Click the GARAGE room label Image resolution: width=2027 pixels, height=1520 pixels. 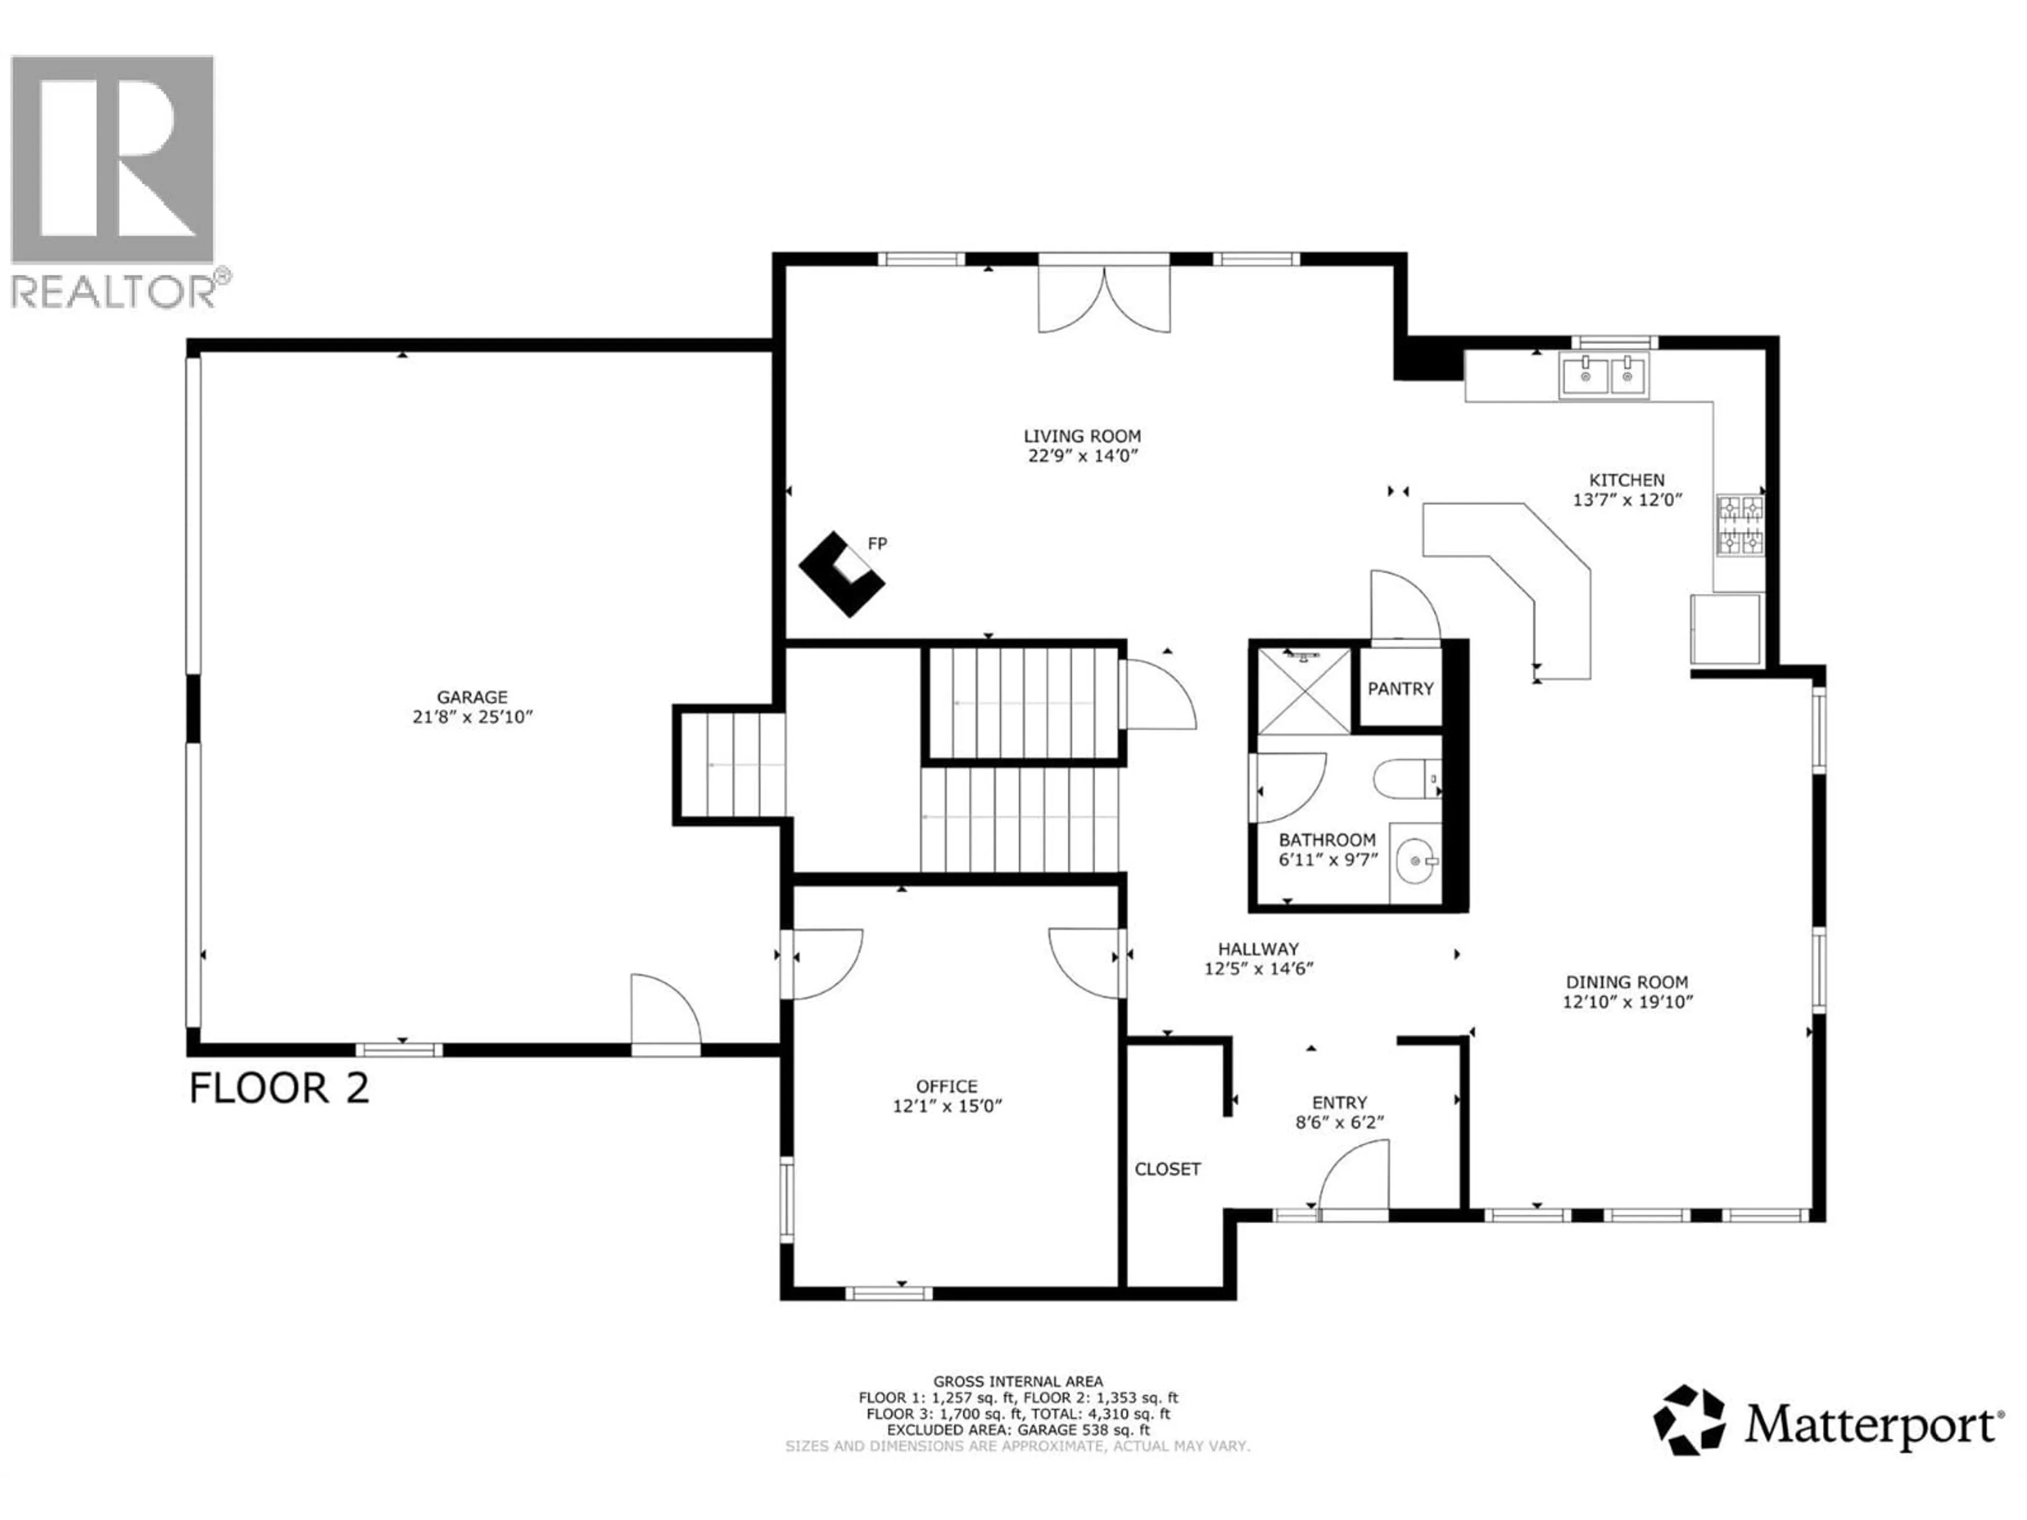(472, 697)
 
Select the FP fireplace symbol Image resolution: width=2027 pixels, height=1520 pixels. (841, 574)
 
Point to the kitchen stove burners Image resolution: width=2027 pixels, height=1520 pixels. (1739, 526)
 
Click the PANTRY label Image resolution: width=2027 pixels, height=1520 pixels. (1400, 689)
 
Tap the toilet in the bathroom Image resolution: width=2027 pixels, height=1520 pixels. (1407, 780)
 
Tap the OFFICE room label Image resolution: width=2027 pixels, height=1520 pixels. (946, 1087)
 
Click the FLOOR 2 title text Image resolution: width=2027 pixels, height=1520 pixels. (279, 1088)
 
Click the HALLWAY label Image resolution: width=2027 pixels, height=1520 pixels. (1258, 949)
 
